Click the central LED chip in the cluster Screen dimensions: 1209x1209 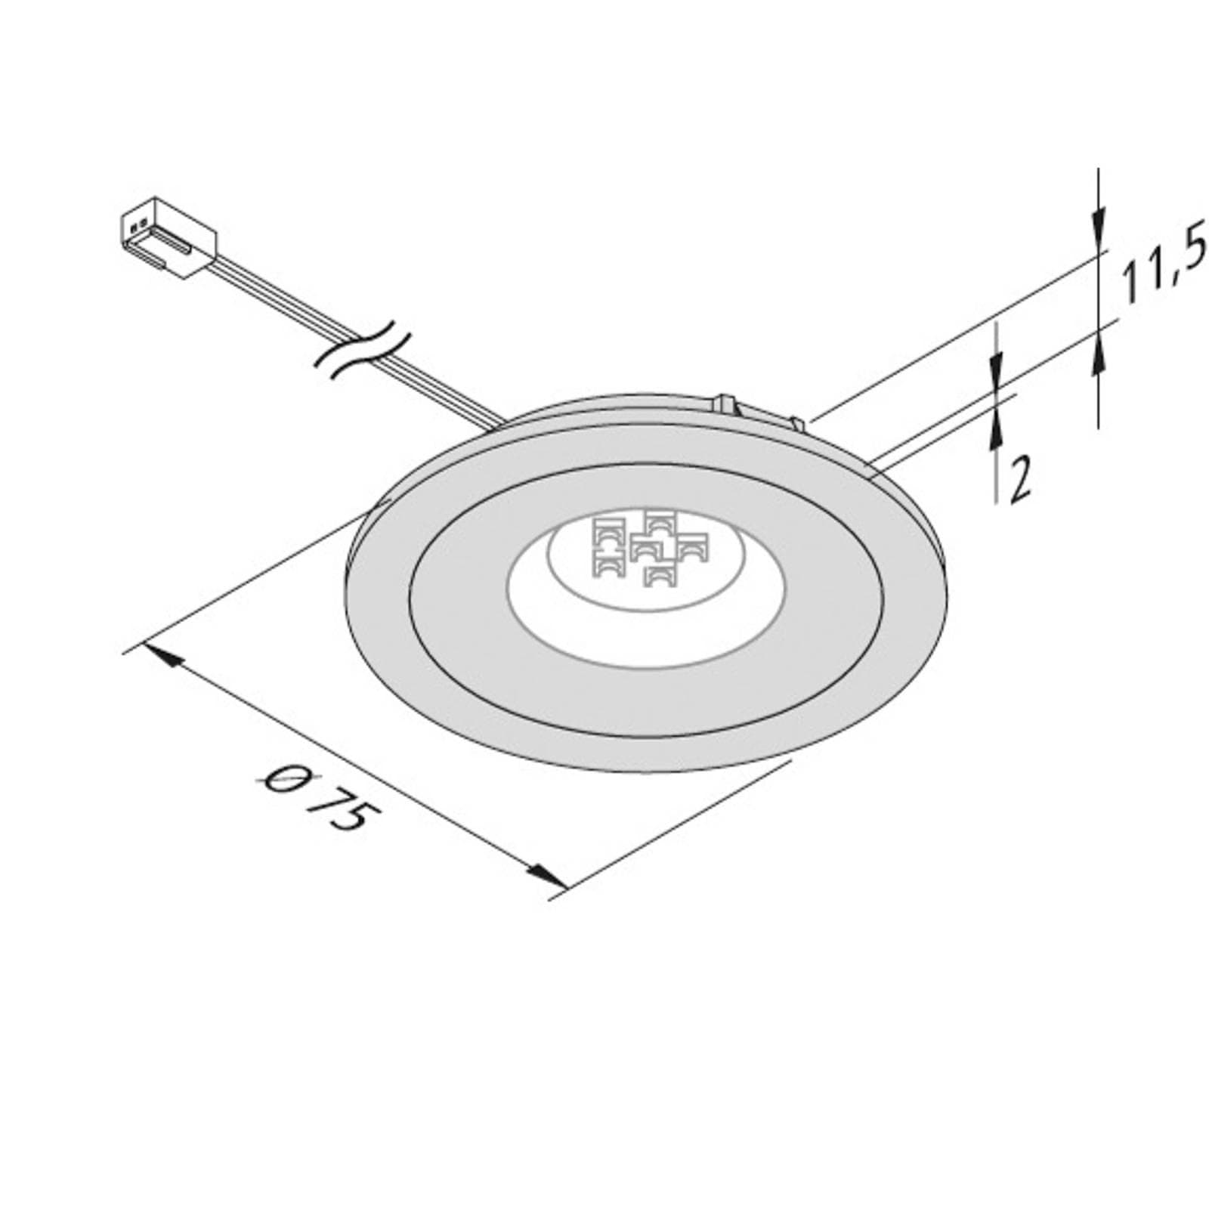click(x=644, y=549)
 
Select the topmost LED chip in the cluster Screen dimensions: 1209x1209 click(x=659, y=521)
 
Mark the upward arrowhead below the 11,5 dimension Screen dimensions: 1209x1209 click(x=1098, y=355)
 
